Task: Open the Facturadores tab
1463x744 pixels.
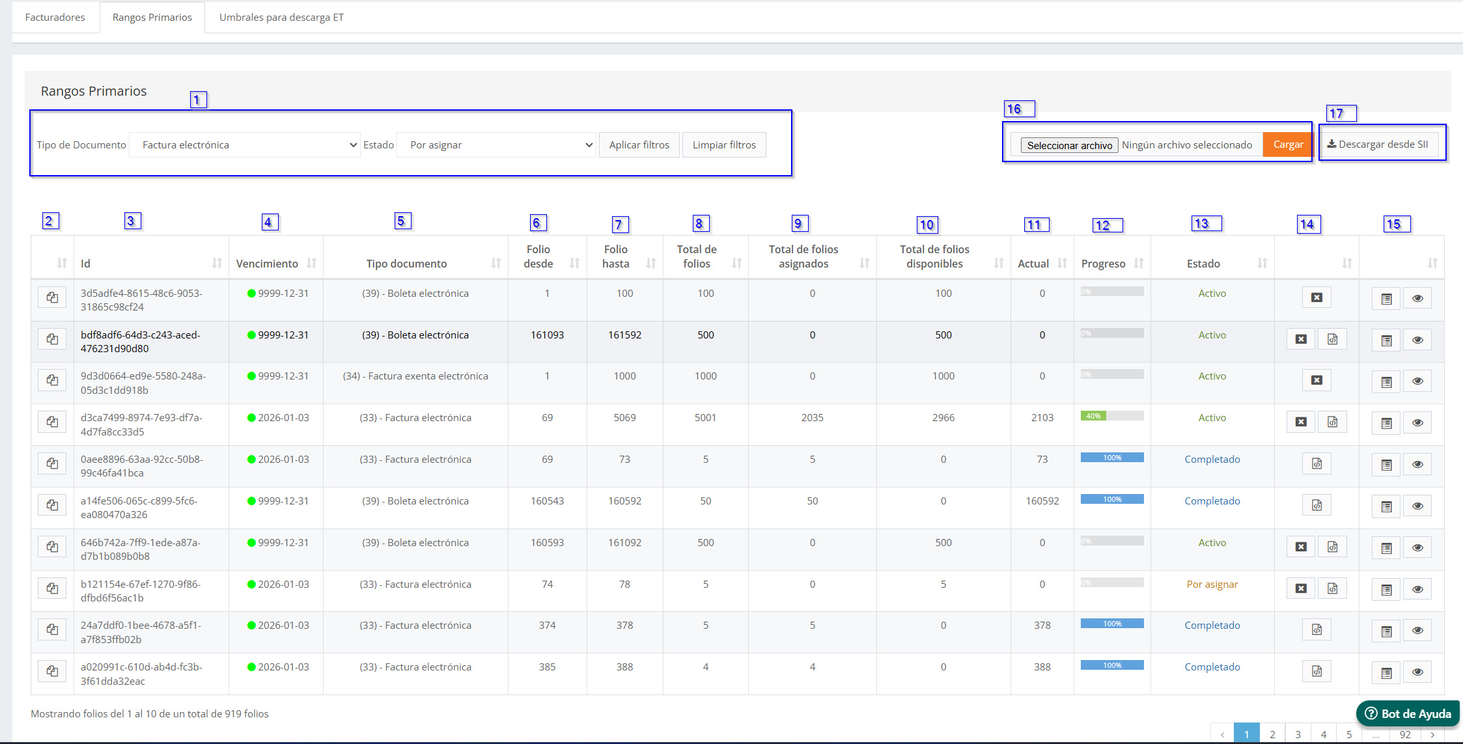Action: (x=55, y=18)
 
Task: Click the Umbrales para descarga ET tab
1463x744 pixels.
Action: (x=281, y=18)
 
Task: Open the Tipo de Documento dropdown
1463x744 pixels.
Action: (x=245, y=145)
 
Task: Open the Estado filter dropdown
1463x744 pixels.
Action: (x=497, y=145)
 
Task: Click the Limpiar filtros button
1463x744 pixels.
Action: (x=724, y=145)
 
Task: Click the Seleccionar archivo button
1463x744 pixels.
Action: (x=1070, y=145)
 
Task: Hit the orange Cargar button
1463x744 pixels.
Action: (x=1288, y=145)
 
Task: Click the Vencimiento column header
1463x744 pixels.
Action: (x=267, y=264)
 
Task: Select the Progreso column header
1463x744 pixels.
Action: (x=1103, y=264)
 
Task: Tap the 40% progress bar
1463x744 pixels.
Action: (x=1112, y=416)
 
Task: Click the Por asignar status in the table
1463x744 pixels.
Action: (x=1212, y=585)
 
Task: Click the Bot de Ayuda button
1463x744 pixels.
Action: (x=1408, y=713)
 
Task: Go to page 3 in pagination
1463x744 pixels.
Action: (x=1298, y=734)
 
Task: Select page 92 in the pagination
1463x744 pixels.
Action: (x=1405, y=734)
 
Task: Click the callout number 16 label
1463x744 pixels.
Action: (x=1019, y=109)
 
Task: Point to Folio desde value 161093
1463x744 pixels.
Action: (x=547, y=335)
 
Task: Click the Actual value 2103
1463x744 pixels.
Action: (x=1042, y=418)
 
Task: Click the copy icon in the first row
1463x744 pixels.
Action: (x=52, y=297)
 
